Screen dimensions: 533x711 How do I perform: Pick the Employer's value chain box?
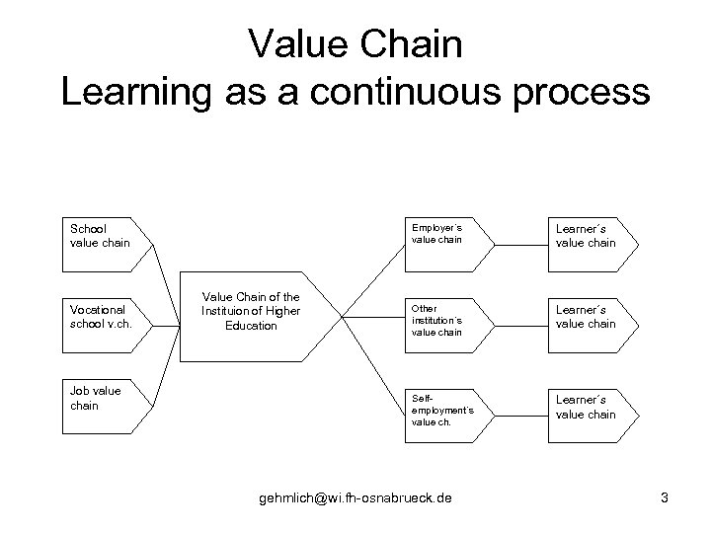(x=445, y=235)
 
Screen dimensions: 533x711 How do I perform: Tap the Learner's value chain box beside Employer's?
(x=589, y=235)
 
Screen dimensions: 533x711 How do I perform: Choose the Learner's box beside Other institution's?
(x=589, y=316)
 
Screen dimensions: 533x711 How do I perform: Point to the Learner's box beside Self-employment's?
(x=589, y=406)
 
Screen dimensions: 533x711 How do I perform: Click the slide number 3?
(x=665, y=498)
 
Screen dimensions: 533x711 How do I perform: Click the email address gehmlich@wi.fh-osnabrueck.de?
(x=355, y=498)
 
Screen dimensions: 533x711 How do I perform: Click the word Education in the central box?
(x=252, y=326)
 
